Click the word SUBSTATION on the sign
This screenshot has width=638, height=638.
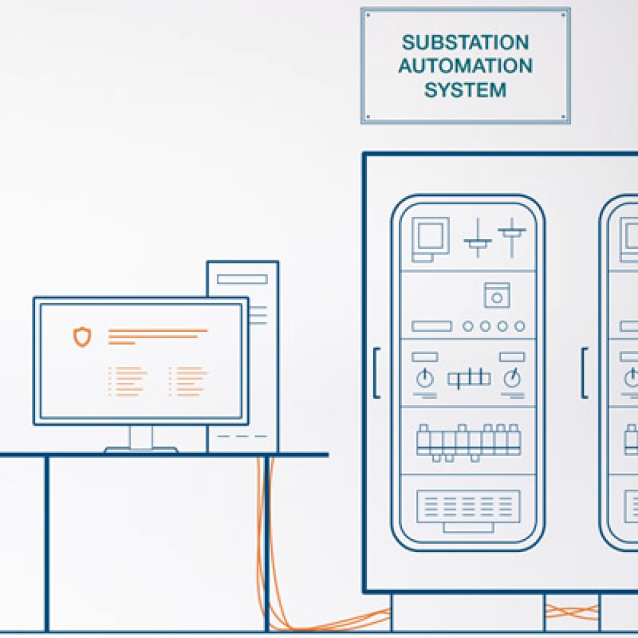pyautogui.click(x=465, y=42)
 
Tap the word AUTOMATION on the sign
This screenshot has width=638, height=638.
pyautogui.click(x=465, y=66)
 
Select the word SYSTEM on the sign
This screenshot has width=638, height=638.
pyautogui.click(x=465, y=89)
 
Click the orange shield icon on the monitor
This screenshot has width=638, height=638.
pyautogui.click(x=82, y=336)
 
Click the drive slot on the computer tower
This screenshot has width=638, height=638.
pyautogui.click(x=242, y=279)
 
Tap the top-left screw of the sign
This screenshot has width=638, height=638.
pyautogui.click(x=368, y=15)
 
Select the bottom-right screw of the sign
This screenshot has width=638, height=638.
pyautogui.click(x=563, y=116)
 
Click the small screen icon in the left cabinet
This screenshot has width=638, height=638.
pyautogui.click(x=430, y=239)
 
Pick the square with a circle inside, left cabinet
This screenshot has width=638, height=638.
pyautogui.click(x=497, y=295)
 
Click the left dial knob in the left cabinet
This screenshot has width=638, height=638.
pyautogui.click(x=425, y=378)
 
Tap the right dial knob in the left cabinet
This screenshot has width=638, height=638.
pyautogui.click(x=512, y=378)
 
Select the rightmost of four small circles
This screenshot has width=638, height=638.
pyautogui.click(x=519, y=326)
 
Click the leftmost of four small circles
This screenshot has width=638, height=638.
pyautogui.click(x=468, y=326)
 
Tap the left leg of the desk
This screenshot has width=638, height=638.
pyautogui.click(x=47, y=544)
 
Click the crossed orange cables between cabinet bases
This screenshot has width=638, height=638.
pyautogui.click(x=571, y=612)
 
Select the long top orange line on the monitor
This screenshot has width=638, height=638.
pyautogui.click(x=158, y=330)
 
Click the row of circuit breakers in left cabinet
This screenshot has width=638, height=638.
pyautogui.click(x=468, y=443)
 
